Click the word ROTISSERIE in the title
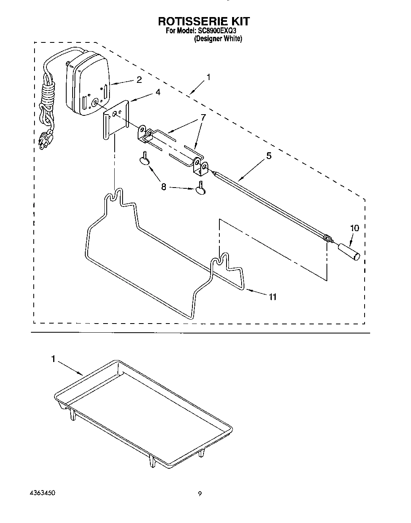[x=184, y=21]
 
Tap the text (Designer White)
[x=218, y=39]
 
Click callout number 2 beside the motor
[x=139, y=80]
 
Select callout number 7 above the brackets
[x=203, y=117]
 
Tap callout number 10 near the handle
[x=354, y=228]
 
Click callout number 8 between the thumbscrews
[x=163, y=186]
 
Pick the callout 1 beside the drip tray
[x=53, y=359]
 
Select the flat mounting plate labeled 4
[x=116, y=119]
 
